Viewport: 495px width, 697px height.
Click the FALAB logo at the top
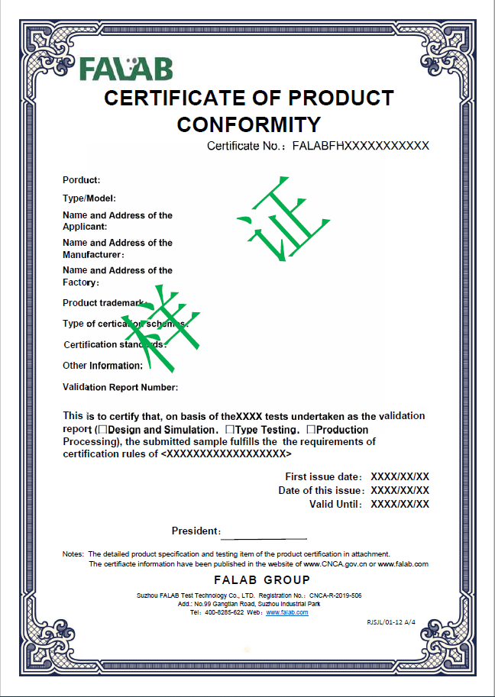pyautogui.click(x=126, y=68)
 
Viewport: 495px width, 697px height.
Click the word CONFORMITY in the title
pyautogui.click(x=249, y=124)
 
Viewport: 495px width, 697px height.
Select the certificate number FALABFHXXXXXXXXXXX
pyautogui.click(x=361, y=146)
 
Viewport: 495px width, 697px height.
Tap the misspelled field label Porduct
pyautogui.click(x=82, y=180)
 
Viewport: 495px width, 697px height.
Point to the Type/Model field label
pyautogui.click(x=89, y=198)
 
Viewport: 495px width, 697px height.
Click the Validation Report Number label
pyautogui.click(x=121, y=387)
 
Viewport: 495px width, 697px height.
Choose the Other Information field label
pyautogui.click(x=102, y=366)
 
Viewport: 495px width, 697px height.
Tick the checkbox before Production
pyautogui.click(x=310, y=430)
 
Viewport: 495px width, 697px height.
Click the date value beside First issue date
pyautogui.click(x=400, y=476)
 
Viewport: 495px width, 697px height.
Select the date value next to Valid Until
pyautogui.click(x=400, y=504)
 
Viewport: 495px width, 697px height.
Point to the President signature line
pyautogui.click(x=264, y=538)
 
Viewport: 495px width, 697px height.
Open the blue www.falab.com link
pyautogui.click(x=286, y=612)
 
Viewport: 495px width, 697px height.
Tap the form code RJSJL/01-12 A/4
pyautogui.click(x=391, y=622)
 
